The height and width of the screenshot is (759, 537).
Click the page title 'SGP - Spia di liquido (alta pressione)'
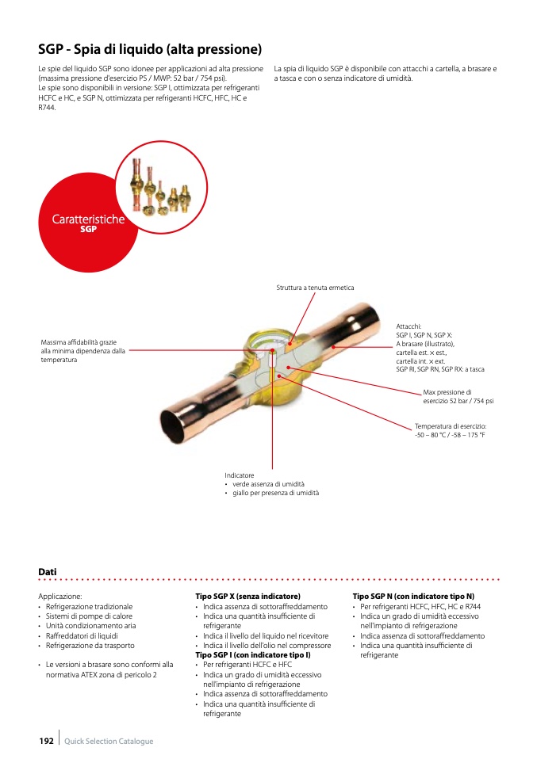click(150, 49)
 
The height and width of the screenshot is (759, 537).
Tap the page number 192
click(46, 741)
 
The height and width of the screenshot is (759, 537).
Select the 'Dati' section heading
click(47, 571)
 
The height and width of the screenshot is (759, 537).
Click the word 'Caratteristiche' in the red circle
click(88, 219)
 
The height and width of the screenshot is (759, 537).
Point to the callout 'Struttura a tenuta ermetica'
click(315, 287)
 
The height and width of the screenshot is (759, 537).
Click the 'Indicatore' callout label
click(240, 475)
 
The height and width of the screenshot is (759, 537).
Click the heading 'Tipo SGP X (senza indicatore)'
click(247, 596)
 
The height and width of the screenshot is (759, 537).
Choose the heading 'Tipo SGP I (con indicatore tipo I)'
click(252, 655)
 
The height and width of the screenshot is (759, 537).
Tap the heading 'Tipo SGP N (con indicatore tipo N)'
click(412, 596)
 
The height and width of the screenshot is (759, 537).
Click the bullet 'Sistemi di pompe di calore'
click(89, 616)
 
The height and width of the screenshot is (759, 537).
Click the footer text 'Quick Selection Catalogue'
click(109, 741)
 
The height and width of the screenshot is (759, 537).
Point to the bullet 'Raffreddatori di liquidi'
click(83, 635)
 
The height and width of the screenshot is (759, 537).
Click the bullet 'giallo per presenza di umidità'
click(276, 493)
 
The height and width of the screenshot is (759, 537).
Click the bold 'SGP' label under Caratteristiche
click(88, 230)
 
